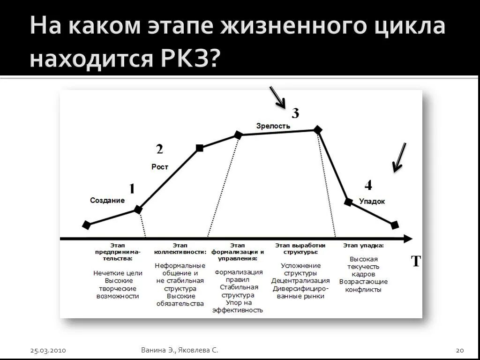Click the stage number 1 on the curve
(132, 189)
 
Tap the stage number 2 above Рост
(159, 150)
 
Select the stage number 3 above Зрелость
(295, 113)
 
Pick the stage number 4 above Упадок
(368, 186)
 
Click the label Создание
(107, 201)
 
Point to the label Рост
(160, 167)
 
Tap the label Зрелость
(273, 126)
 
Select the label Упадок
(372, 202)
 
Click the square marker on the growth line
(199, 148)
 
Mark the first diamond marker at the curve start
(86, 225)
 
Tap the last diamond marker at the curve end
(395, 225)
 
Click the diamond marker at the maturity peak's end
(318, 130)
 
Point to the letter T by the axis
(416, 262)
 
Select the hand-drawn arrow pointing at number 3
(277, 97)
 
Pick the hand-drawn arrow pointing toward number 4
(399, 157)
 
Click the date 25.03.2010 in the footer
(48, 350)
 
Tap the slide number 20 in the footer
(459, 350)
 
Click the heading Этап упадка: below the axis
(363, 246)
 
